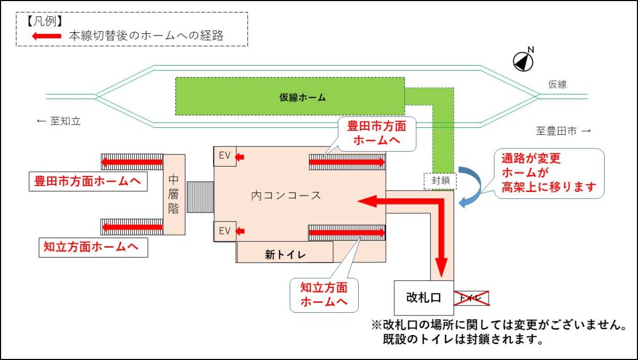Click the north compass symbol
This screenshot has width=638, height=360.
pos(524,62)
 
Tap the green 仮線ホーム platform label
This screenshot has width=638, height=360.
pos(303,98)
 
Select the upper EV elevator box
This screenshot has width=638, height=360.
pos(225,156)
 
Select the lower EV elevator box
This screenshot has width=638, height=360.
pos(225,231)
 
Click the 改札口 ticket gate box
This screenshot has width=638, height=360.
pos(423,297)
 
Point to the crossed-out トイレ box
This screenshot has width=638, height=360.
pos(471,298)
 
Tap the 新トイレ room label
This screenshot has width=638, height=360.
pos(285,254)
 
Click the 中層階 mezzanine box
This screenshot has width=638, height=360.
pos(174,195)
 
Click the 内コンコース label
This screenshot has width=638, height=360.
pos(286,195)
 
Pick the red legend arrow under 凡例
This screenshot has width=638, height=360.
pos(47,36)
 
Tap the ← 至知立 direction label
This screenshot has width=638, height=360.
pos(58,121)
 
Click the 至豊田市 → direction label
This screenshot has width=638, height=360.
pos(563,130)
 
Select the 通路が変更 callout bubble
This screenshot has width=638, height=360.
pos(545,173)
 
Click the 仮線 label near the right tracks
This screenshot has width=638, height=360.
pos(557,84)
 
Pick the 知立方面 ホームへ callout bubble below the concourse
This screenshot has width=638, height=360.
pos(324,294)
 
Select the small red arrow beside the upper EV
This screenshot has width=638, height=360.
pos(240,157)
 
